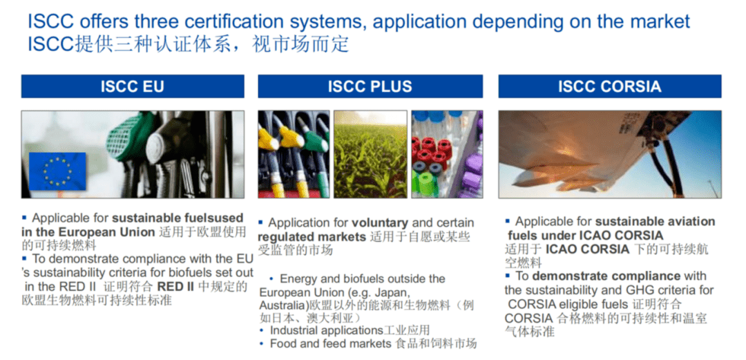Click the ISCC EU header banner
click(133, 86)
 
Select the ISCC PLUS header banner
click(370, 86)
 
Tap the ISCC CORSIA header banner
click(610, 86)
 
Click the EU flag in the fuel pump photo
click(57, 171)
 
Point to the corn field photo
click(370, 154)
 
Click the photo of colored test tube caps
click(447, 154)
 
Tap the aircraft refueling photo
click(610, 154)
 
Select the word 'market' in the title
click(658, 22)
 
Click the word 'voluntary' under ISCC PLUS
click(380, 223)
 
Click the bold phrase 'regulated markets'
click(312, 237)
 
